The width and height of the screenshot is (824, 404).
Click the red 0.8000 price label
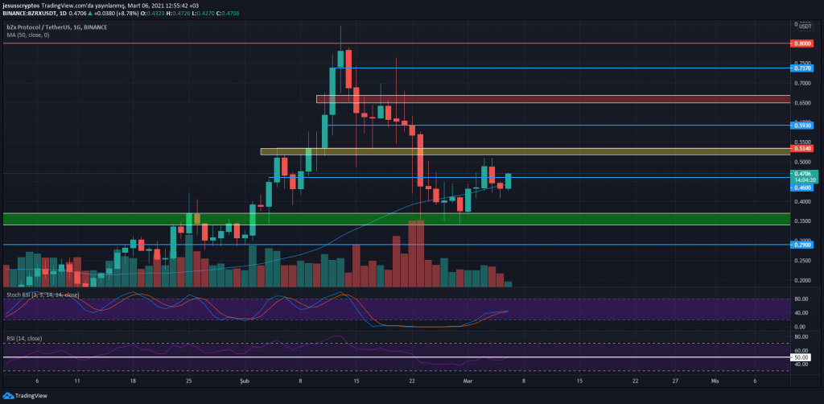(x=802, y=43)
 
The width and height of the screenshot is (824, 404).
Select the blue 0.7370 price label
(x=802, y=69)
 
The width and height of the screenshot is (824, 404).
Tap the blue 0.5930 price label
(x=802, y=126)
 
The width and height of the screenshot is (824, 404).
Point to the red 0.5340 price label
(x=802, y=149)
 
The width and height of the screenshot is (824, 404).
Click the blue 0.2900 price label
(x=802, y=245)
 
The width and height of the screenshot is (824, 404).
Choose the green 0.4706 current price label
(x=804, y=173)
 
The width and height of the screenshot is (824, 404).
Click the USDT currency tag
(x=804, y=27)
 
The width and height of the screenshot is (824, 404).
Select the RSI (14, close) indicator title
(x=23, y=339)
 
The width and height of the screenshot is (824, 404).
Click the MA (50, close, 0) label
(x=28, y=35)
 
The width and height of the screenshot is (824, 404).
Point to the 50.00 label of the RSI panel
(x=801, y=357)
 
